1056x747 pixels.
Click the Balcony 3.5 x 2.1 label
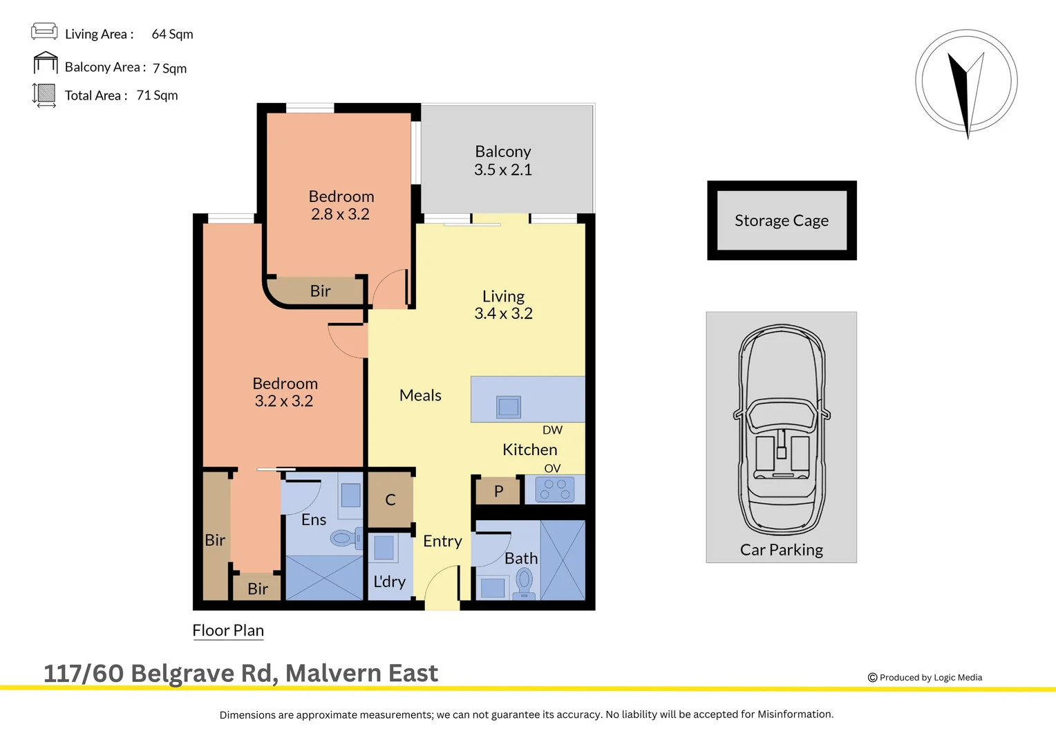click(x=503, y=160)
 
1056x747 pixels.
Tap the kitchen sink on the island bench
click(x=509, y=407)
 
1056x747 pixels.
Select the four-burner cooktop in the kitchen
click(x=555, y=490)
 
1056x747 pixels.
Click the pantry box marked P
click(x=498, y=491)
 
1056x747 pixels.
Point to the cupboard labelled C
click(x=390, y=499)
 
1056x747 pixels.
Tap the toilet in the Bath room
click(x=525, y=582)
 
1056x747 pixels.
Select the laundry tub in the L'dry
click(x=384, y=547)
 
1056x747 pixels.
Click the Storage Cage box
click(x=782, y=221)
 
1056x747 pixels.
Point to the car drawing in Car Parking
click(x=782, y=429)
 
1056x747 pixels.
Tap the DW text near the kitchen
click(x=552, y=430)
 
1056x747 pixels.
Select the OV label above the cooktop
click(x=552, y=468)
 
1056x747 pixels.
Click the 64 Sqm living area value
click(x=172, y=34)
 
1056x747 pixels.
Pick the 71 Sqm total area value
click(x=157, y=95)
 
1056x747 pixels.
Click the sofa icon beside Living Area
click(x=44, y=31)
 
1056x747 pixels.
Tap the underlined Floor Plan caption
click(x=228, y=630)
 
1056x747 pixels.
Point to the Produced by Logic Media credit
click(x=925, y=678)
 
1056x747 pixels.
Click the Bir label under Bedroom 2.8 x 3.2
click(x=320, y=291)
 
